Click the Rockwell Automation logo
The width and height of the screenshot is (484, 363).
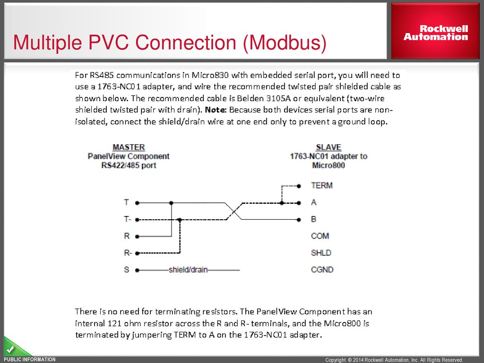(435, 33)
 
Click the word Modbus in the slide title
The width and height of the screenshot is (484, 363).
(284, 43)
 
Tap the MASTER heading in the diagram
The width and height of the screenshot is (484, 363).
(129, 147)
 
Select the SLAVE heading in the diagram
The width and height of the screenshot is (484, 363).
(328, 147)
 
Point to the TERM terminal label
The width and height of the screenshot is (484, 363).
(322, 185)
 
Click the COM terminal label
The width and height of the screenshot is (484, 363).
(320, 236)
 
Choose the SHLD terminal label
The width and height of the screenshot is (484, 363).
(321, 253)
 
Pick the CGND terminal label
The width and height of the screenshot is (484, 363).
(322, 270)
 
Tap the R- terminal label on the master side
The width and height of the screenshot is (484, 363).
(128, 253)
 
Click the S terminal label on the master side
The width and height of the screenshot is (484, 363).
(126, 270)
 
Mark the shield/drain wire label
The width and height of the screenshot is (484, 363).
(188, 270)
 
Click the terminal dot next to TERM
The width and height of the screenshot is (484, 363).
(299, 186)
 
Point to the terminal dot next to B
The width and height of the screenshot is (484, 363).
(299, 220)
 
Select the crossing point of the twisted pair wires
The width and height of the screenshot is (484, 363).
(235, 211)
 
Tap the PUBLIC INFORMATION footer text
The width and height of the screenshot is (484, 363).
(30, 360)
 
